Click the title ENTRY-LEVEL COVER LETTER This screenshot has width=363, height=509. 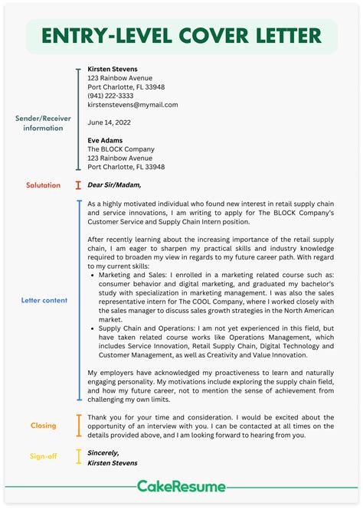click(181, 36)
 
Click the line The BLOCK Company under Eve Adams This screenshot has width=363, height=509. click(122, 149)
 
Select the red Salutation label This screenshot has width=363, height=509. click(44, 185)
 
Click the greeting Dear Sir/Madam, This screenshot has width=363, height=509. click(114, 184)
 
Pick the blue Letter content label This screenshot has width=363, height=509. click(44, 301)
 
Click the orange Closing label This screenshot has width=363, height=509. click(44, 426)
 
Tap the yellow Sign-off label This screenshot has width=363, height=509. click(44, 458)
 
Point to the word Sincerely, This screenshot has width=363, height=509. click(104, 452)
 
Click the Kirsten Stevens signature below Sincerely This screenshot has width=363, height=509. click(113, 463)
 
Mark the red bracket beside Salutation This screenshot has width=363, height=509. click(78, 185)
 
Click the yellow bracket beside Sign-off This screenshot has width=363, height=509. click(78, 457)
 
